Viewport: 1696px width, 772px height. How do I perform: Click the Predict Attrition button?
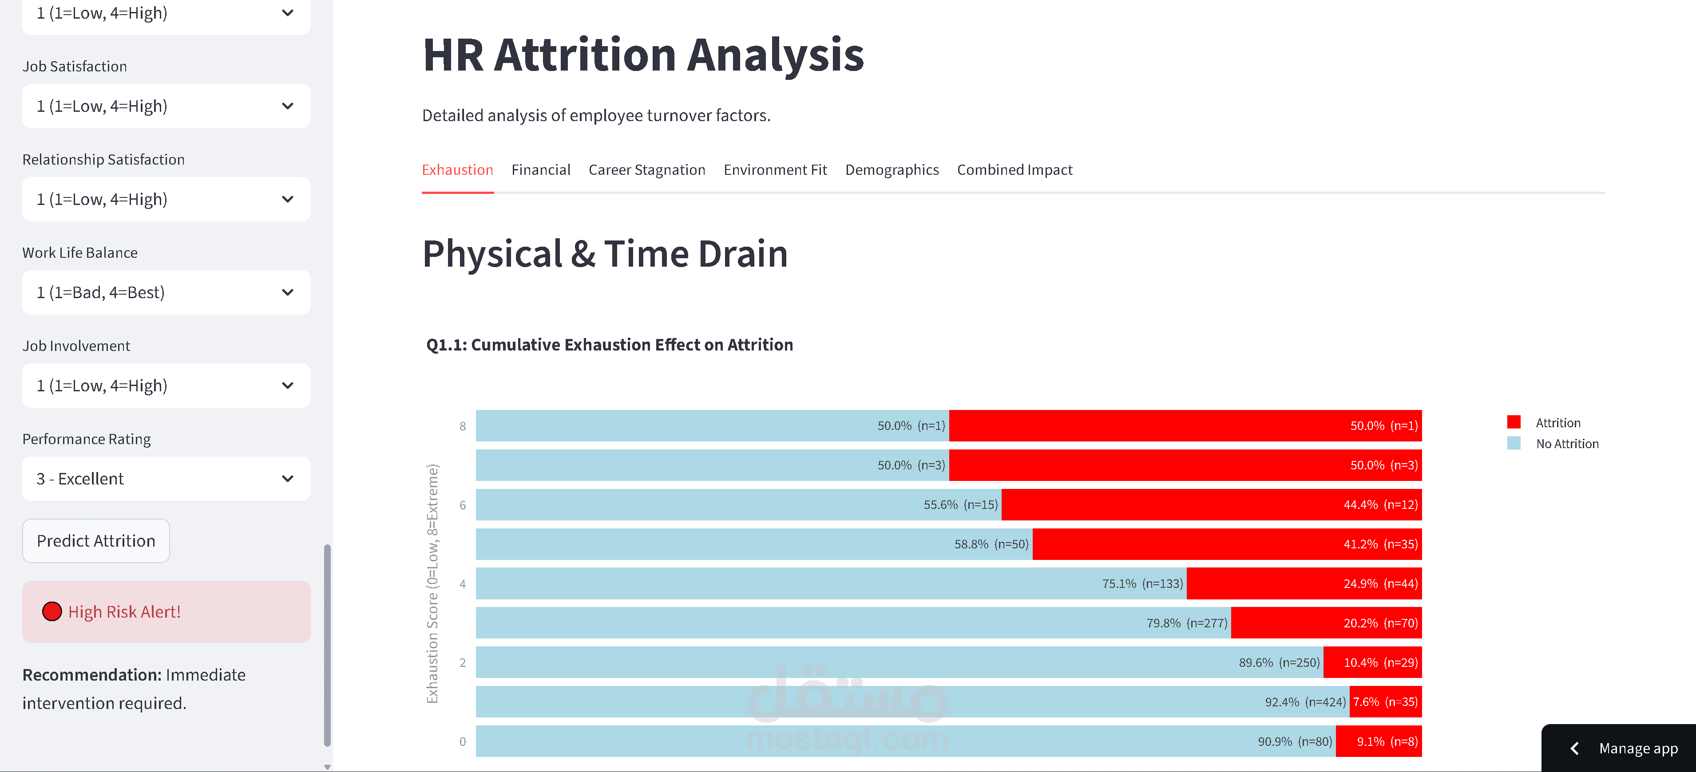click(96, 540)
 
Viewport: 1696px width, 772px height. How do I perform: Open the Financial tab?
click(540, 170)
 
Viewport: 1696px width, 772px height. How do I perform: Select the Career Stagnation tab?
click(646, 170)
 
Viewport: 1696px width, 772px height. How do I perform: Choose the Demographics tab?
click(892, 170)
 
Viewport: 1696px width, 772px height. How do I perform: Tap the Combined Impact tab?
click(1014, 170)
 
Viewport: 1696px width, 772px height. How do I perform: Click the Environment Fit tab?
click(775, 170)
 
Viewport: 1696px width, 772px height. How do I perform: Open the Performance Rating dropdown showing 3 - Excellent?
click(166, 478)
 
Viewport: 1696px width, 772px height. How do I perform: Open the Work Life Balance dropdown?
click(166, 292)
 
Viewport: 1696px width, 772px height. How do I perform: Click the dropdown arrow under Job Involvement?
click(288, 386)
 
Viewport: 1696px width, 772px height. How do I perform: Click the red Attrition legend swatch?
click(1514, 422)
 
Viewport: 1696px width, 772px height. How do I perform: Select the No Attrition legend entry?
click(1566, 444)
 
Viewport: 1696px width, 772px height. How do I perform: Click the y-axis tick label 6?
click(463, 505)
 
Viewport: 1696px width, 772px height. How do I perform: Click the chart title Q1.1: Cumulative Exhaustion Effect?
click(609, 345)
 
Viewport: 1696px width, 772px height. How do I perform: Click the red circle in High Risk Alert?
click(52, 611)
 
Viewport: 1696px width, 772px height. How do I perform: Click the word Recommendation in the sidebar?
click(91, 674)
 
